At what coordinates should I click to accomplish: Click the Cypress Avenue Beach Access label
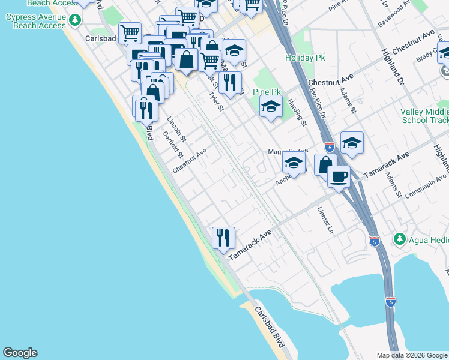point(35,21)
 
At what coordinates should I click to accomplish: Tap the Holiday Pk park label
point(304,58)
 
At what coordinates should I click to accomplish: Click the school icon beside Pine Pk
point(271,107)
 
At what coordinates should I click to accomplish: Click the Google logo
point(20,353)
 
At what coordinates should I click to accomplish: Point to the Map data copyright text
point(412,355)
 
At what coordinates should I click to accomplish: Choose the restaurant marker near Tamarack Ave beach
point(223,238)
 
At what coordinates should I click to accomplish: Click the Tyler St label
point(215,101)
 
